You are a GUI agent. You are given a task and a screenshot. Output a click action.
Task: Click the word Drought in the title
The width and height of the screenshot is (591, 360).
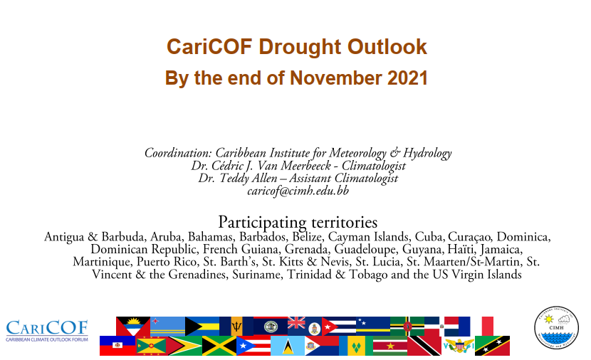[300, 47]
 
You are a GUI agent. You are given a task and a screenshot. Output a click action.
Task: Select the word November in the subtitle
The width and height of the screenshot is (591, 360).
[336, 78]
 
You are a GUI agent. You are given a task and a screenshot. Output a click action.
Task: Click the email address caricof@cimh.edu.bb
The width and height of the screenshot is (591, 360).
[298, 191]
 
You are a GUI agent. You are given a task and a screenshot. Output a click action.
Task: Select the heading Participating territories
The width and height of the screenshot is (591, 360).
[298, 222]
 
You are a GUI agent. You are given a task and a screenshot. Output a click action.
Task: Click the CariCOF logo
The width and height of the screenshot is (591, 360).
[47, 331]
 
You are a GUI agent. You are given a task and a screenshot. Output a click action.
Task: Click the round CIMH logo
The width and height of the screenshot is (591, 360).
[556, 327]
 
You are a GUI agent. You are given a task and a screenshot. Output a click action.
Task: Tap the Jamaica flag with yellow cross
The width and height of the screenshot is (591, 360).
[219, 346]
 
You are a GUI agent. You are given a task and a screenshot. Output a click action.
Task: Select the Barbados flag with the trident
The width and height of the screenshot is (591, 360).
[236, 326]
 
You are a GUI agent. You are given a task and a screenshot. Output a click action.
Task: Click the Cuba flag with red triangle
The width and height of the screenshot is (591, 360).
[339, 326]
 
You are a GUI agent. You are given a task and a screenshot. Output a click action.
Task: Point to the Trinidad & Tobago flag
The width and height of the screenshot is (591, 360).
[424, 346]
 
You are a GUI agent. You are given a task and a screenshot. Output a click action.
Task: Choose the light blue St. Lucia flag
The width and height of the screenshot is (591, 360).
[288, 346]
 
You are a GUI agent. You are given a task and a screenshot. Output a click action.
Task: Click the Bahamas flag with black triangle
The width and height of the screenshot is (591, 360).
[202, 326]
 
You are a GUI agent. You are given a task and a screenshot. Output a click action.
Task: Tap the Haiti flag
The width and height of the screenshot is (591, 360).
[117, 346]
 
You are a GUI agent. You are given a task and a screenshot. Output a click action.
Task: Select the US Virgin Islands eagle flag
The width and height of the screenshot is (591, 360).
[459, 346]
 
